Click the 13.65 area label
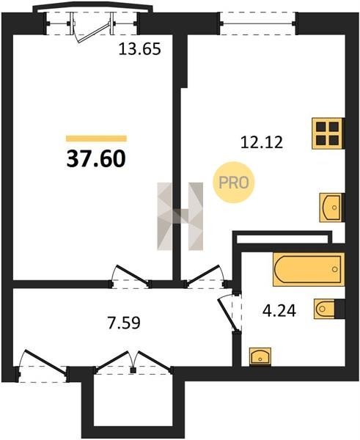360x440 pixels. click(140, 49)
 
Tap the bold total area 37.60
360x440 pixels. click(96, 158)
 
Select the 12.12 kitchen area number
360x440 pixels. click(262, 142)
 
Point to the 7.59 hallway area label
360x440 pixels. click(123, 323)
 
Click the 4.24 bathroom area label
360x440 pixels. click(279, 311)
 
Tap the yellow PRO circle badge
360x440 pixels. click(233, 183)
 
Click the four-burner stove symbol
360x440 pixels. click(328, 133)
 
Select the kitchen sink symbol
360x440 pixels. click(331, 208)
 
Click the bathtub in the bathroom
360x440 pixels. click(309, 269)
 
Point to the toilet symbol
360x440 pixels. click(326, 309)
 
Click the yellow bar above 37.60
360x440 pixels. click(96, 139)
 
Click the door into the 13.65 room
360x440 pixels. click(131, 277)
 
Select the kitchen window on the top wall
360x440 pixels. click(258, 23)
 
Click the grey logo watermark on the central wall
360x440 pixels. click(180, 216)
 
